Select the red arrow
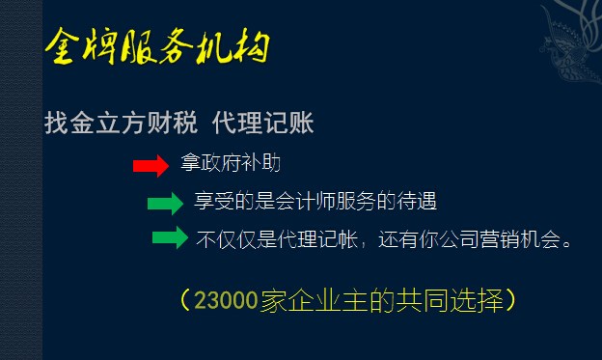[150, 166]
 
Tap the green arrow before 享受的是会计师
[165, 203]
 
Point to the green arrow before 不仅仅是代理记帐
[170, 238]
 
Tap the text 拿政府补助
[232, 164]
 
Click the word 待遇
[421, 202]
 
